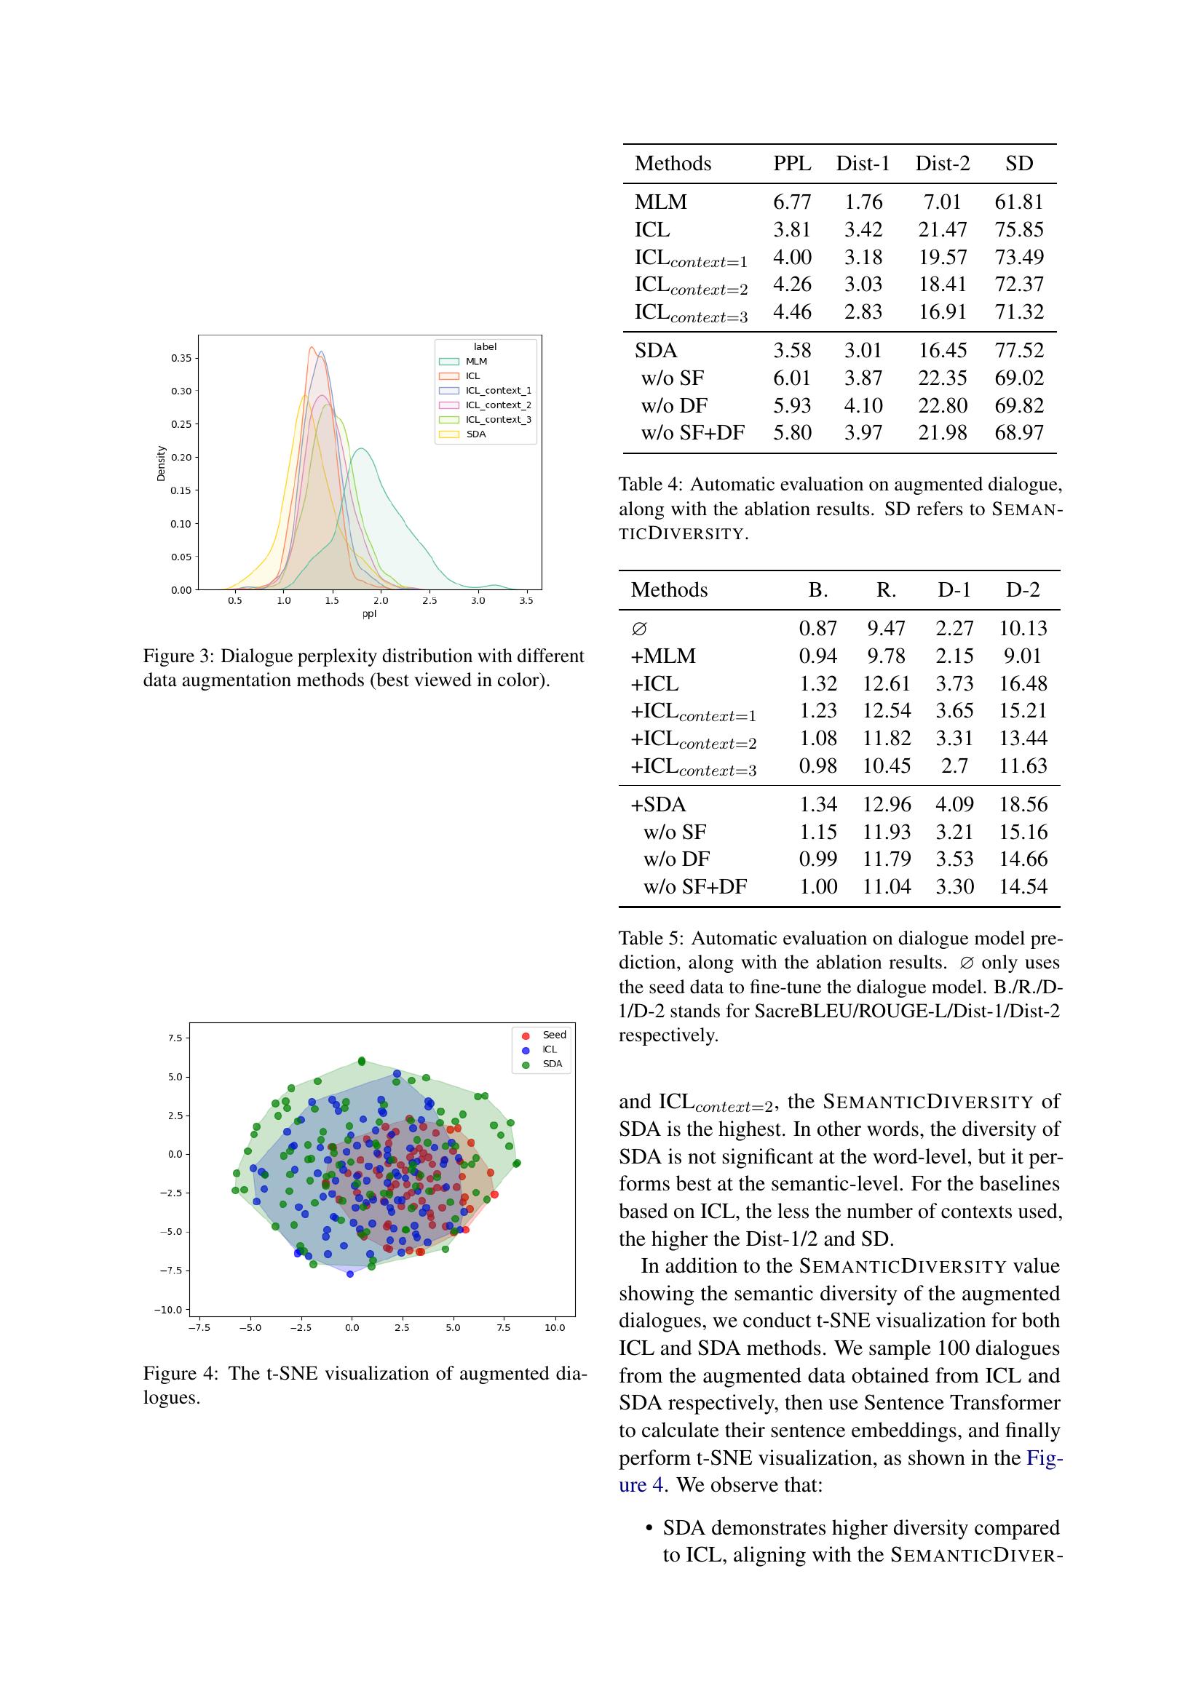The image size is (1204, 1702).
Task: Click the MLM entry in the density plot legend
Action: coord(476,361)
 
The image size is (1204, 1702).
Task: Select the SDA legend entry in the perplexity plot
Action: coord(476,434)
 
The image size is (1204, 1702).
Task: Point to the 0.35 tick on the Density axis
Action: coord(181,358)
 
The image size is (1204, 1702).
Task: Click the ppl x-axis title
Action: coord(369,614)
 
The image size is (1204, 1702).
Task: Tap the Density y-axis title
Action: coord(161,464)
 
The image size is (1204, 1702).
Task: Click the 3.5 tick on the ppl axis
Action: coord(526,600)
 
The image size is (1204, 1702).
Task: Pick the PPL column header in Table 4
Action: coord(792,163)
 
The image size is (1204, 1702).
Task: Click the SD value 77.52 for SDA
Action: coord(1018,350)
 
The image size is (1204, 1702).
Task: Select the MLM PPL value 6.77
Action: coord(792,202)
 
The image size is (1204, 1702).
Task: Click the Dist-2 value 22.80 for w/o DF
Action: coord(942,405)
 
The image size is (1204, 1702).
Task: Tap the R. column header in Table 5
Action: coord(886,589)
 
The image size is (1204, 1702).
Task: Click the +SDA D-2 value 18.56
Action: coord(1022,804)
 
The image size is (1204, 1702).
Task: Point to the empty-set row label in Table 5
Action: coord(639,629)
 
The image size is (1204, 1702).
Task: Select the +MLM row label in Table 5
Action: coord(663,656)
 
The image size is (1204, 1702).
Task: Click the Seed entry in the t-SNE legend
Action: coord(553,1035)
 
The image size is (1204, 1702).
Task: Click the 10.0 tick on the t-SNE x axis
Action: coord(555,1327)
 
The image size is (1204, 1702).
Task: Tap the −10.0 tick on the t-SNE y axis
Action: coord(168,1309)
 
